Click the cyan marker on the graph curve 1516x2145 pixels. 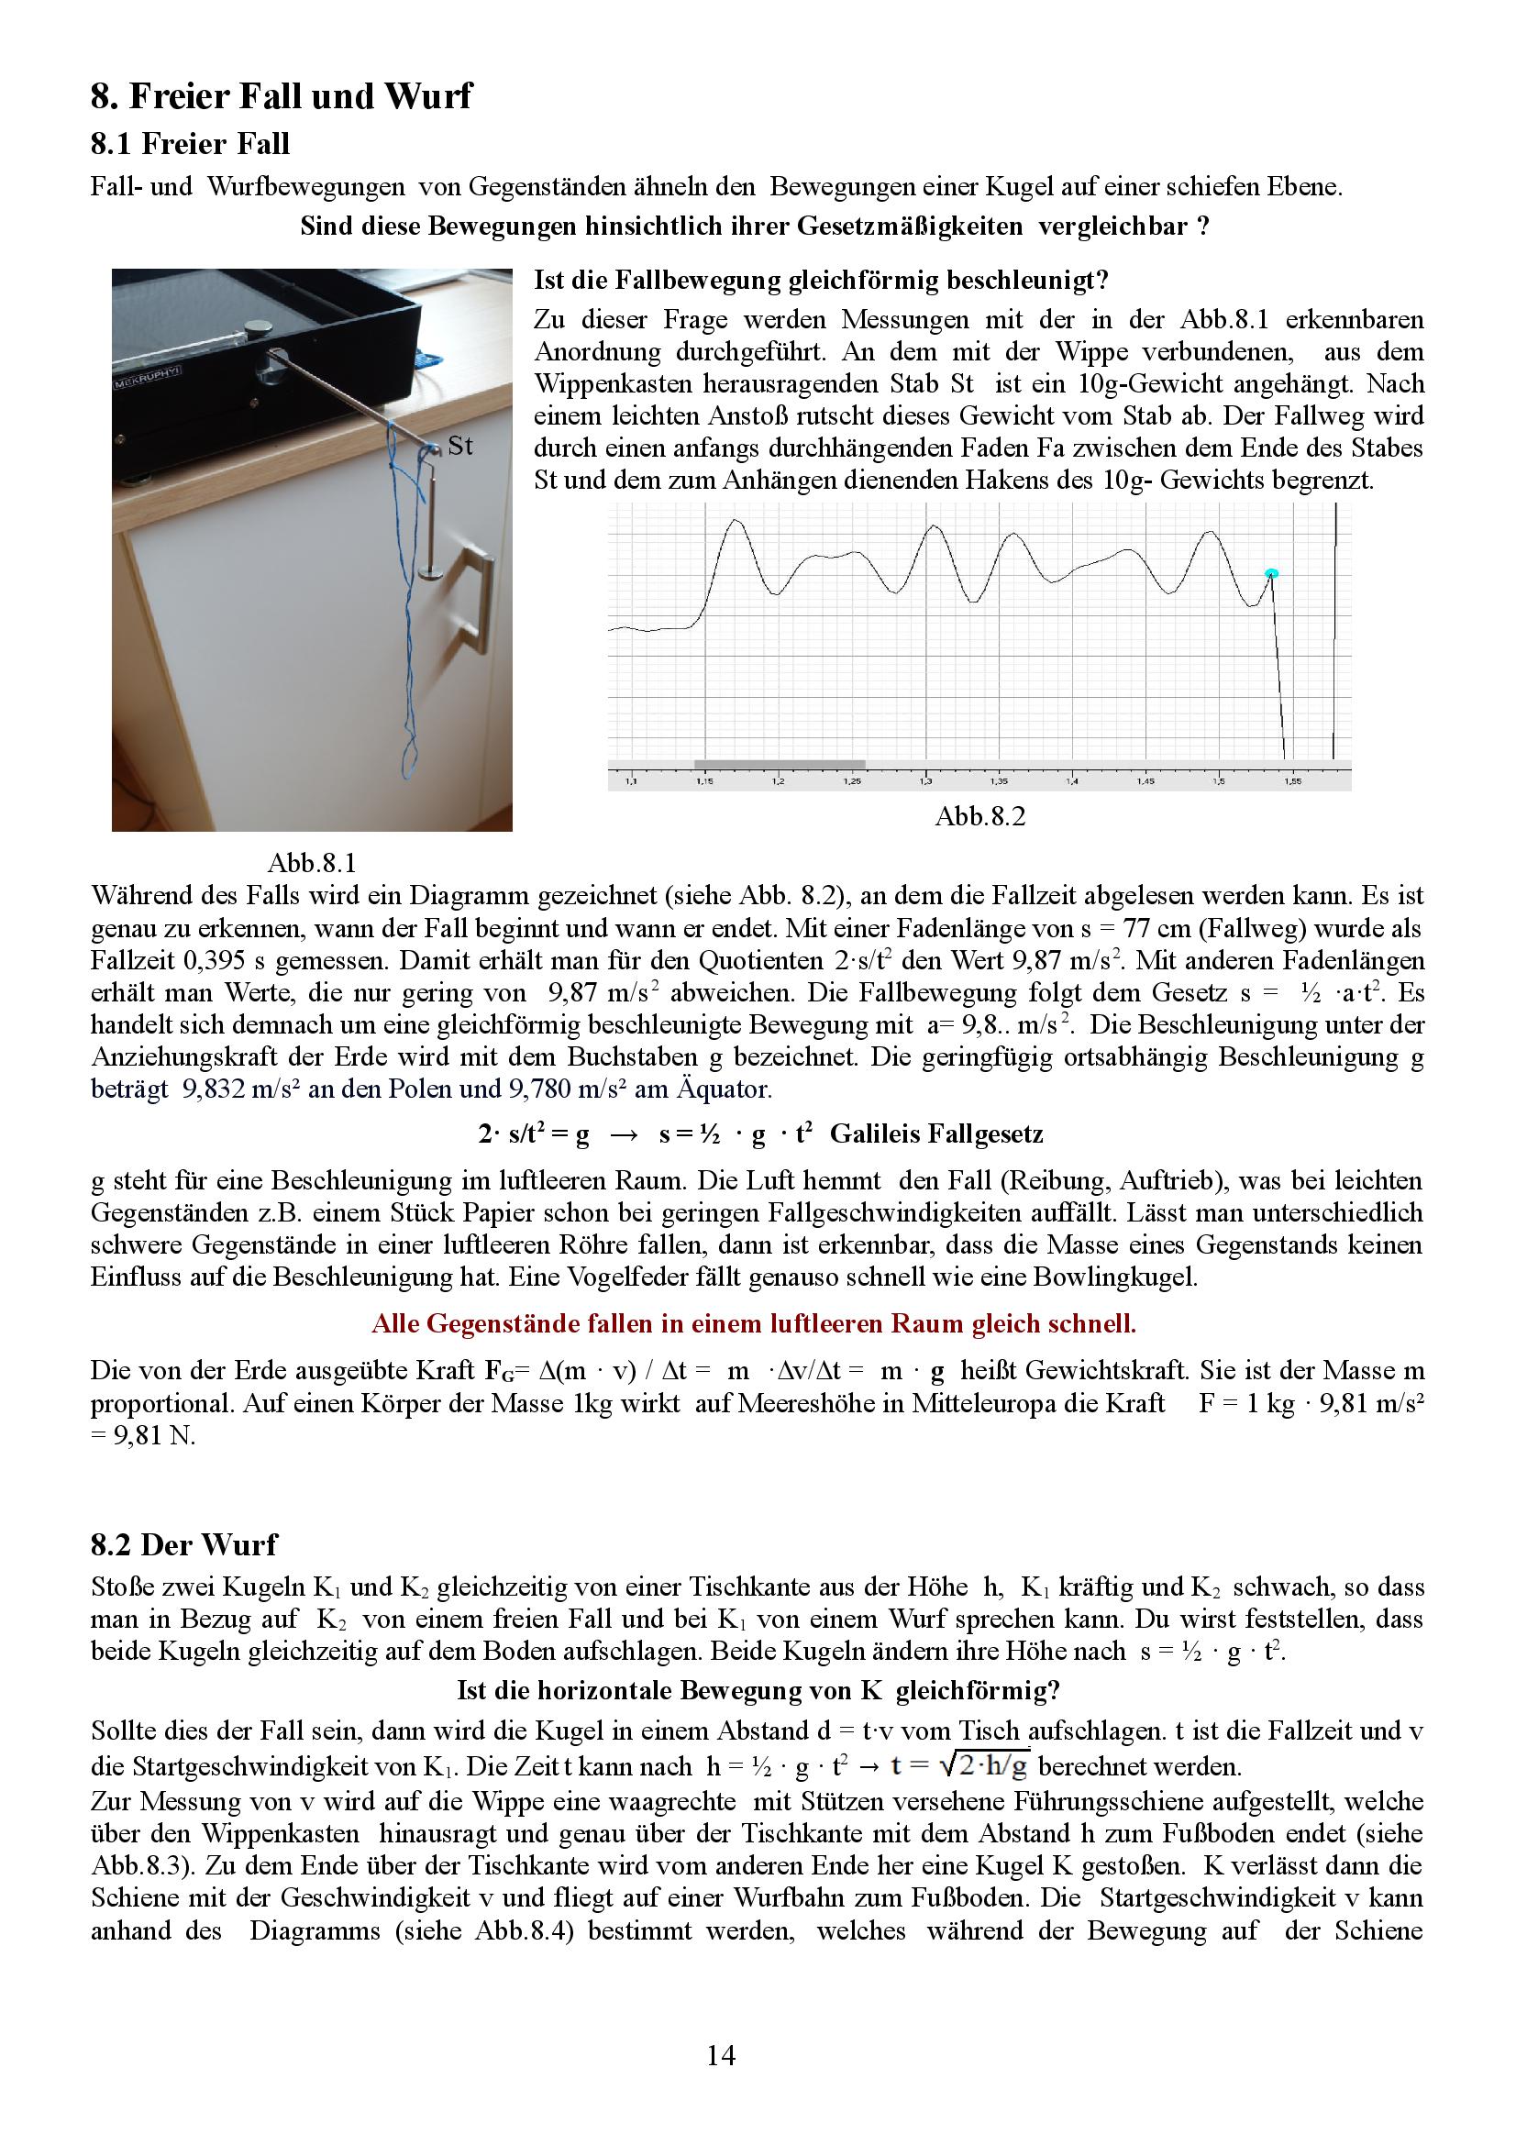1270,572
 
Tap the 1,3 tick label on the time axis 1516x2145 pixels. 924,780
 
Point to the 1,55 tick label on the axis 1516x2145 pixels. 1292,780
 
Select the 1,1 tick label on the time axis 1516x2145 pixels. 630,780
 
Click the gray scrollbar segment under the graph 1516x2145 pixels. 779,765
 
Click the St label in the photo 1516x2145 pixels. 459,446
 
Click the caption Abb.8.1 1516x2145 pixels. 312,861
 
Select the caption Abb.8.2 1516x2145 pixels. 979,816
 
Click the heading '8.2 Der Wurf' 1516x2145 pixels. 183,1544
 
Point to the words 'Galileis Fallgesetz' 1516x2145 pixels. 936,1134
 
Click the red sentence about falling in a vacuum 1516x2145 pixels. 753,1323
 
